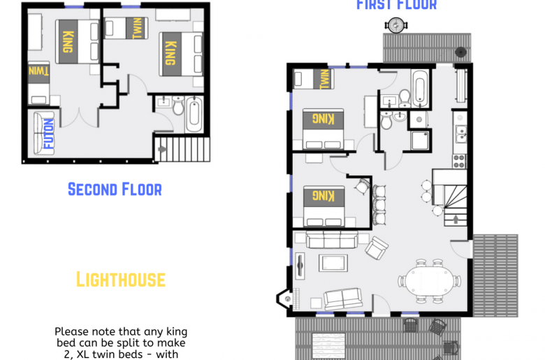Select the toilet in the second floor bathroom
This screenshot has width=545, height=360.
pos(177,108)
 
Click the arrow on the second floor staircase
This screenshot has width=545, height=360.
pos(163,149)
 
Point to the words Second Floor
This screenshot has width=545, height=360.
pos(115,189)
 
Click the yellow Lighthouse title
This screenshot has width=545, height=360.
pos(120,280)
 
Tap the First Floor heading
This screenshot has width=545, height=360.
pos(396,6)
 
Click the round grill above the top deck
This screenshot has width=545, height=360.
pos(395,25)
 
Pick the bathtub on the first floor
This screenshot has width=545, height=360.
pos(419,88)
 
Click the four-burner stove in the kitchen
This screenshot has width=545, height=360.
pos(459,161)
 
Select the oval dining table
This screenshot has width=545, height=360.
pos(430,278)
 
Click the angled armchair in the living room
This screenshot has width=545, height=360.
pos(377,245)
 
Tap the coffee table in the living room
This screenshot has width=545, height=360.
pos(332,263)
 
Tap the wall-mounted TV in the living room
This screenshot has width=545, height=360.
pos(300,265)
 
